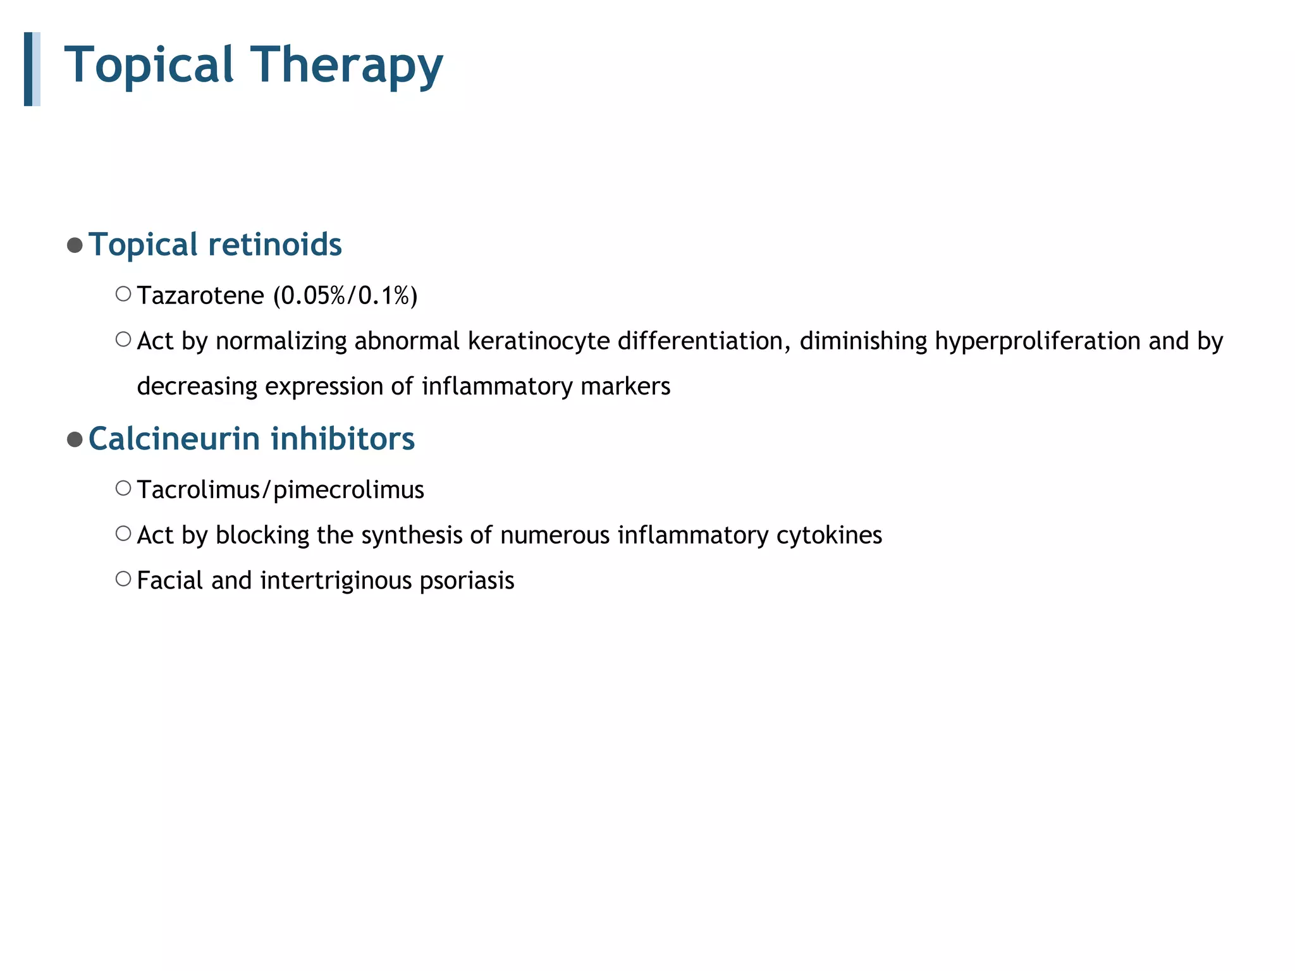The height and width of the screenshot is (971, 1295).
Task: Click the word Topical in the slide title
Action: click(149, 66)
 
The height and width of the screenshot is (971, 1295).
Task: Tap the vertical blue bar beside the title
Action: click(29, 69)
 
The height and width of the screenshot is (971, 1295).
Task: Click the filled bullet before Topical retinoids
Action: click(75, 245)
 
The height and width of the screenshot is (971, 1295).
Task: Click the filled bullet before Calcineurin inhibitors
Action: click(75, 439)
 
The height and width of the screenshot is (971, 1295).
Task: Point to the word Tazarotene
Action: click(200, 296)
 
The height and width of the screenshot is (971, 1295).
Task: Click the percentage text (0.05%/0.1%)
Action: click(345, 296)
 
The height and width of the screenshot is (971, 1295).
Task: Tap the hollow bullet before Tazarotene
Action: click(123, 294)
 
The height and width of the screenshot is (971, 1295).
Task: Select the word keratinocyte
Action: click(538, 341)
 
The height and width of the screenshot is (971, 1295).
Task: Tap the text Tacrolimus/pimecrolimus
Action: click(280, 490)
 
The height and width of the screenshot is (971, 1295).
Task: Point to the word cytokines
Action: click(828, 535)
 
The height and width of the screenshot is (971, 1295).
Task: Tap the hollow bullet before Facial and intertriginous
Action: click(123, 579)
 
